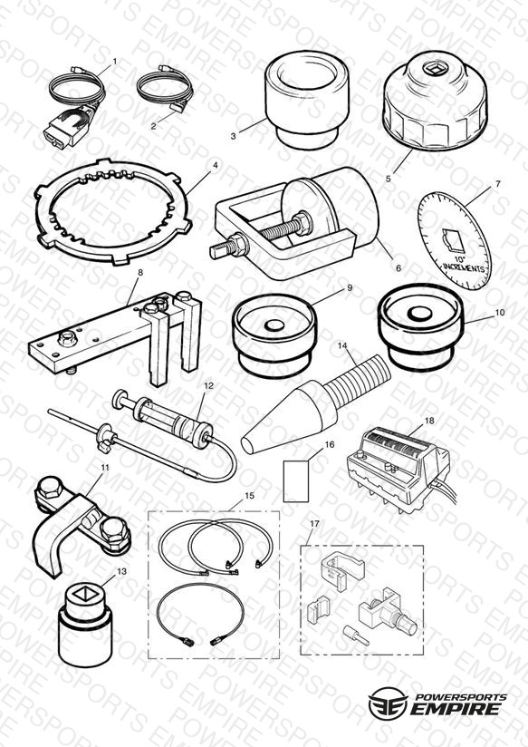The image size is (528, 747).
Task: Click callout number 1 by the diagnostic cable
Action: click(x=114, y=62)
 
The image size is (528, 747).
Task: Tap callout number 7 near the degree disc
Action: click(x=498, y=183)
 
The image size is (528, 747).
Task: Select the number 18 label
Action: click(x=429, y=421)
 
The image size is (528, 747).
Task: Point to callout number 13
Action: click(x=122, y=571)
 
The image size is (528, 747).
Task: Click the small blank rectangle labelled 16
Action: click(x=295, y=481)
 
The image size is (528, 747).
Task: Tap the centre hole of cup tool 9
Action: click(x=274, y=325)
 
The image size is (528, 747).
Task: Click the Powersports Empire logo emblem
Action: click(x=388, y=703)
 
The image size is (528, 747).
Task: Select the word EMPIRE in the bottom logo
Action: click(x=456, y=708)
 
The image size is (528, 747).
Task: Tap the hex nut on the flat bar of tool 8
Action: click(x=66, y=339)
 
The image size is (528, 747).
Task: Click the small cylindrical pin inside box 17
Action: click(x=356, y=635)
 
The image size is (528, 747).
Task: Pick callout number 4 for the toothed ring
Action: click(x=216, y=165)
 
